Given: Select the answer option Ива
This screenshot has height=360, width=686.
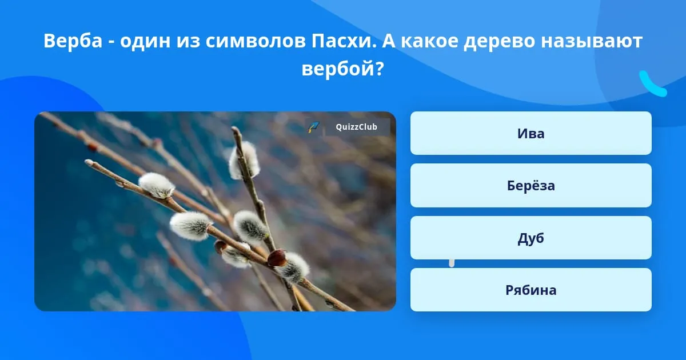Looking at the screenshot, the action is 531,133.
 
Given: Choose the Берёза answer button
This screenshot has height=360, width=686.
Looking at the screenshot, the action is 531,186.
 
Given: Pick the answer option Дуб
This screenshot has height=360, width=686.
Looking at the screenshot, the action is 531,238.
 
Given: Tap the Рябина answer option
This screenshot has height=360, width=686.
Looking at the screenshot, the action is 531,290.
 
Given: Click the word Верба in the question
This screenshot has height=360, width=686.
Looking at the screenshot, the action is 73,41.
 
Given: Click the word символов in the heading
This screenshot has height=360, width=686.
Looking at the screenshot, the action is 256,41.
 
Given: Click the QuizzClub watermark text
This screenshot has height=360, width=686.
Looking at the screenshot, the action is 356,127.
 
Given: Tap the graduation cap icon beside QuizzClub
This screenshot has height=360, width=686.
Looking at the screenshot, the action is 314,127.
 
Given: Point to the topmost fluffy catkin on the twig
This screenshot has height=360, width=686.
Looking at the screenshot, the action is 244,161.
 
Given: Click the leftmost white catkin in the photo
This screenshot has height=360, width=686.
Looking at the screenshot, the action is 157,185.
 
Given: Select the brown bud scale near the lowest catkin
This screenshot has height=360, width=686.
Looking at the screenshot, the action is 277,258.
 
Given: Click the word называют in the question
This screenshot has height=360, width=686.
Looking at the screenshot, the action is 592,41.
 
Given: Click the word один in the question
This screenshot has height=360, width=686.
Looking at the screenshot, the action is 145,41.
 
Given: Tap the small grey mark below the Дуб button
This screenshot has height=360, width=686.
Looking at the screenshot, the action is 452,263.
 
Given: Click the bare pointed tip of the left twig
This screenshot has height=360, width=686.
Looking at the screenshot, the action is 89,162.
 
